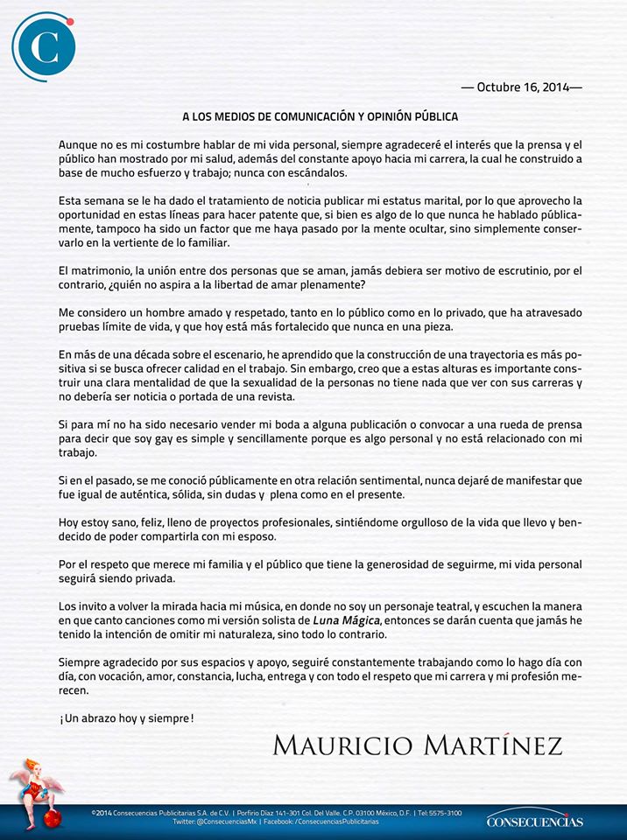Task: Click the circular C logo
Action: tap(43, 47)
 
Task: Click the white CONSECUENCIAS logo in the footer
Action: tap(534, 820)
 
